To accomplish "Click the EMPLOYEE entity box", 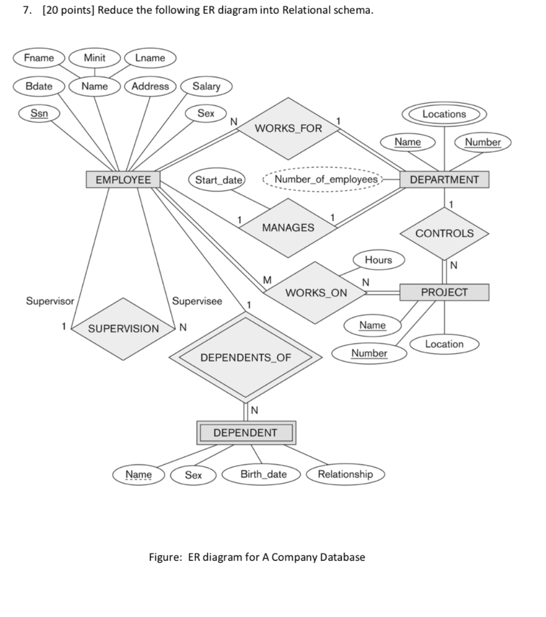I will click(123, 180).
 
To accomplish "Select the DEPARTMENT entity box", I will click(445, 180).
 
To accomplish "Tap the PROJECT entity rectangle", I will click(444, 292).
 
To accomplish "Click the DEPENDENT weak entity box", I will click(245, 433).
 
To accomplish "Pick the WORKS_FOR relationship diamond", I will click(289, 128).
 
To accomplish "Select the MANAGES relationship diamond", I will click(288, 227).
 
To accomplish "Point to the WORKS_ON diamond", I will click(316, 293).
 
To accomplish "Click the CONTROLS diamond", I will click(445, 233).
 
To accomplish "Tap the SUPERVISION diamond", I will click(124, 328).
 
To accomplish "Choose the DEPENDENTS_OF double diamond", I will click(245, 358).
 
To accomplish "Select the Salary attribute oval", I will click(206, 86).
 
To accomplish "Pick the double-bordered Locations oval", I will click(444, 114).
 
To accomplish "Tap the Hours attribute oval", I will click(378, 260).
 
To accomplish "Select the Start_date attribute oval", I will click(218, 180).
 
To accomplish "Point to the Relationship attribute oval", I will click(345, 474).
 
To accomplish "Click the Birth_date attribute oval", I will click(263, 474).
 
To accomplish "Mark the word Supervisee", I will click(197, 301).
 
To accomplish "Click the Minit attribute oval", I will click(94, 58).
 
